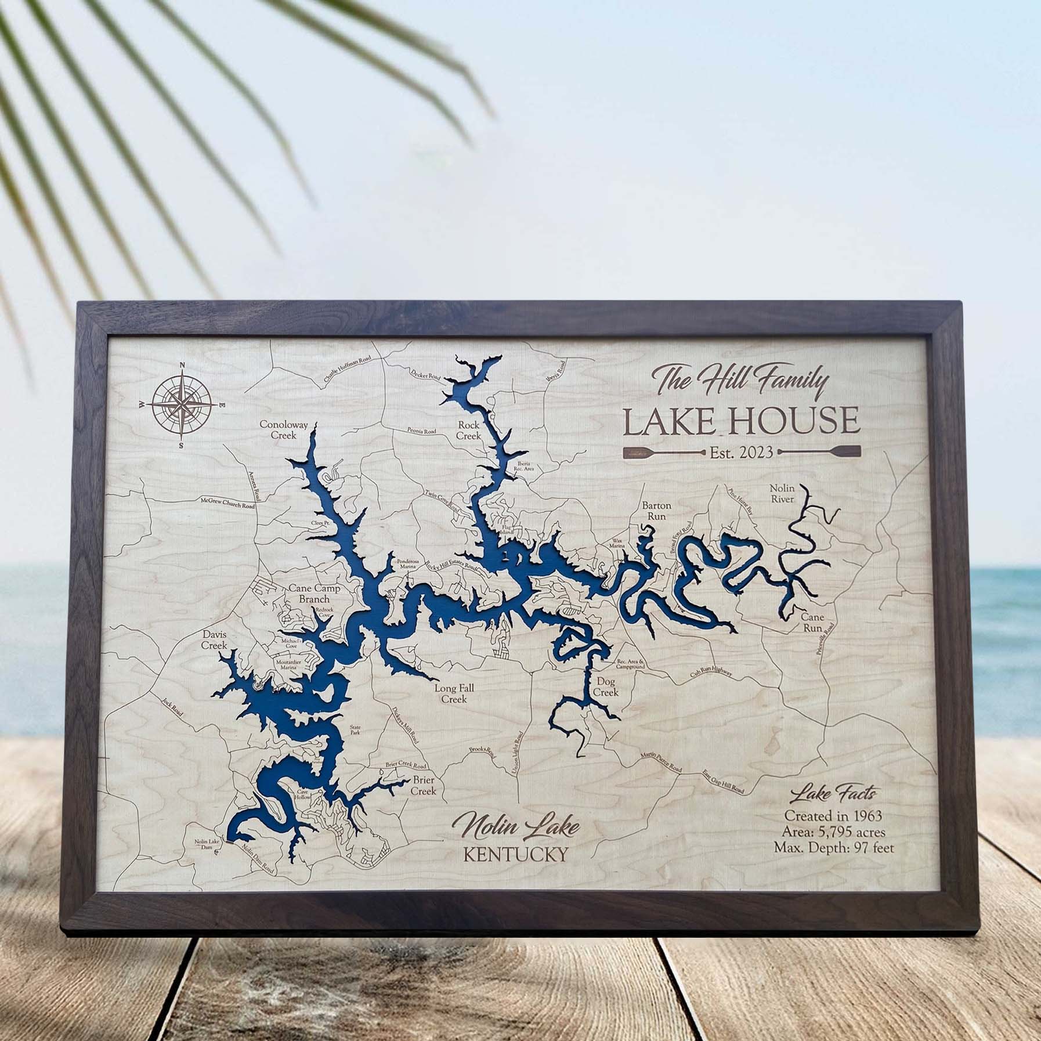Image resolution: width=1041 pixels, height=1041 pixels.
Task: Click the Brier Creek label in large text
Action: click(x=422, y=785)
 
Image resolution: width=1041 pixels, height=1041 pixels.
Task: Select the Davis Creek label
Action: click(x=214, y=640)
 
